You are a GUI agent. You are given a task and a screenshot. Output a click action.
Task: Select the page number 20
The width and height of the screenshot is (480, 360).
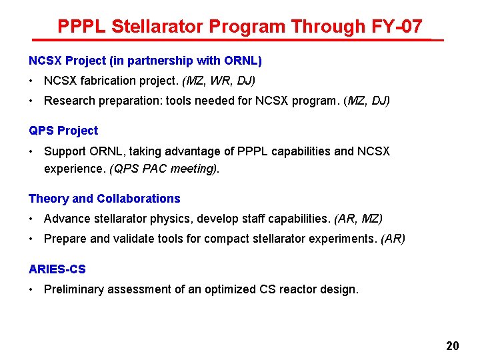[453, 346]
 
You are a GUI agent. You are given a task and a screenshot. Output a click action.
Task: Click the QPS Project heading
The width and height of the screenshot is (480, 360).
[63, 131]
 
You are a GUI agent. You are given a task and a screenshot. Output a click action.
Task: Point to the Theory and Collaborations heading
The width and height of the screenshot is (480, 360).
[105, 199]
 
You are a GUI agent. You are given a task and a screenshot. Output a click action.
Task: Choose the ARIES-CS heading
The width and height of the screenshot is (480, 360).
[57, 269]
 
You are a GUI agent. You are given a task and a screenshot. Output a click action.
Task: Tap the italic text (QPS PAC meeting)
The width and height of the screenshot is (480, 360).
[164, 169]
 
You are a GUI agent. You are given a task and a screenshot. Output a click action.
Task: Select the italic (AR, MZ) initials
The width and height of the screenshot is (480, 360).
[358, 219]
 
